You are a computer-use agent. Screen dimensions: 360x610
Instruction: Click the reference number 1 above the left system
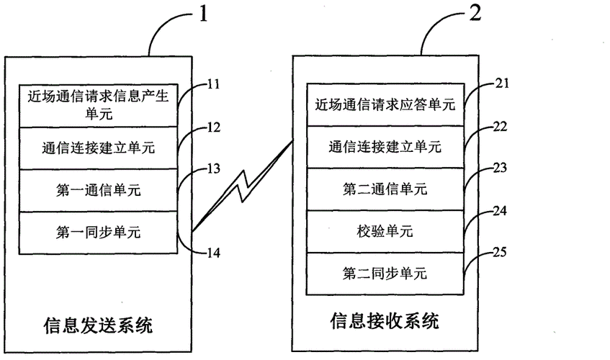coord(203,14)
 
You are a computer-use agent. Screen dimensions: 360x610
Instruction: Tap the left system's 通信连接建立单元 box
coord(98,148)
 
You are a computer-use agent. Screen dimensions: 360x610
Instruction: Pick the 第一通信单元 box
coord(98,190)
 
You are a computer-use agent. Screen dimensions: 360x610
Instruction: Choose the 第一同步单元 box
coord(98,233)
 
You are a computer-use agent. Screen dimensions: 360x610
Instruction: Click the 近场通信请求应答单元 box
coord(385,105)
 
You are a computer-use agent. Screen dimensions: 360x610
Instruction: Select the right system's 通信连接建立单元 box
coord(385,148)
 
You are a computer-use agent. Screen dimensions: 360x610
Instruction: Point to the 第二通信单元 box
coord(385,189)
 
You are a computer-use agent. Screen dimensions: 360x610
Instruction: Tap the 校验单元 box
coord(385,231)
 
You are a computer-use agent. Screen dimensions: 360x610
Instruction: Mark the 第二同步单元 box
coord(385,273)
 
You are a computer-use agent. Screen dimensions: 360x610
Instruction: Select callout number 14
coord(212,253)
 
